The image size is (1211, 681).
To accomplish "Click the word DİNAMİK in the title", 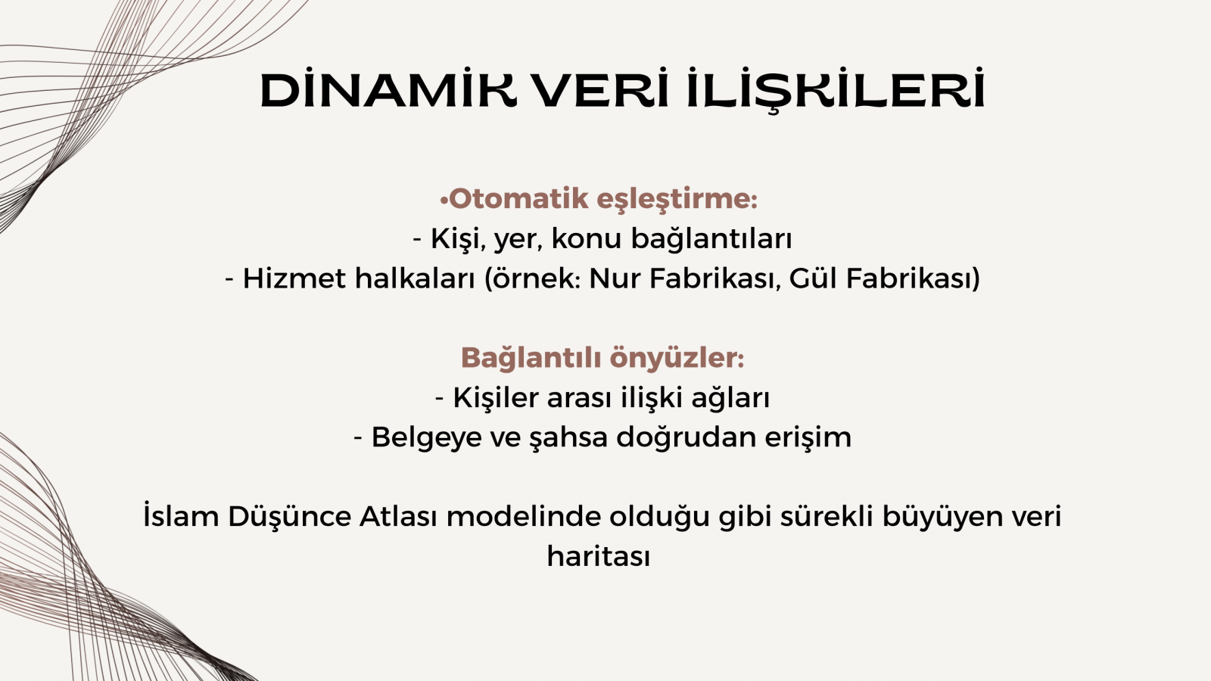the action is coord(389,90).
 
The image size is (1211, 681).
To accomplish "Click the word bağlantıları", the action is coord(711,239).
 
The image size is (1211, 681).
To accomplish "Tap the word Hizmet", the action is coord(294,279).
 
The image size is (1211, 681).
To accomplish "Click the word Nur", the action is coord(614,279).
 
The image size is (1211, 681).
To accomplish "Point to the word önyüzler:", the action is coord(677,359).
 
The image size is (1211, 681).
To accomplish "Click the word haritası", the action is coord(599,555).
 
